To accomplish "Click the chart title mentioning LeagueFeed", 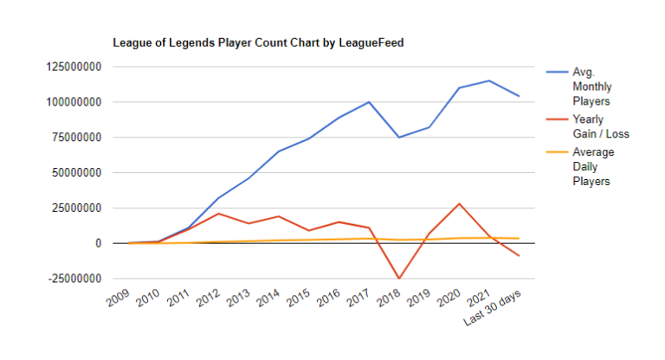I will tap(259, 42).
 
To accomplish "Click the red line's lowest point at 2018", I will tap(399, 279).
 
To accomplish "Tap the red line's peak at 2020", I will tap(459, 204).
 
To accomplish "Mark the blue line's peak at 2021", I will tap(489, 80).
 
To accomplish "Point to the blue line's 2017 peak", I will tap(370, 102).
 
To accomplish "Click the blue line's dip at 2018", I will tap(399, 138).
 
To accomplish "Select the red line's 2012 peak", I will tap(219, 214).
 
